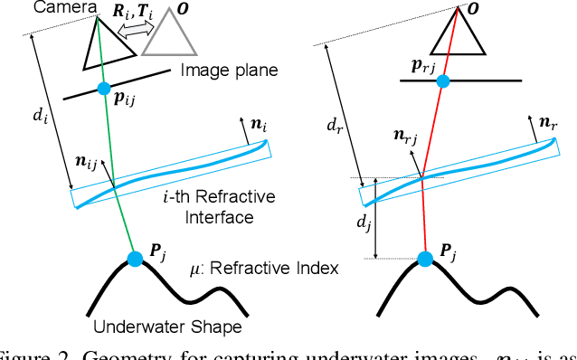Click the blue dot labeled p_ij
(104, 89)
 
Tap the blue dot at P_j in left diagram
(136, 260)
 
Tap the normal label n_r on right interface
(548, 121)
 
